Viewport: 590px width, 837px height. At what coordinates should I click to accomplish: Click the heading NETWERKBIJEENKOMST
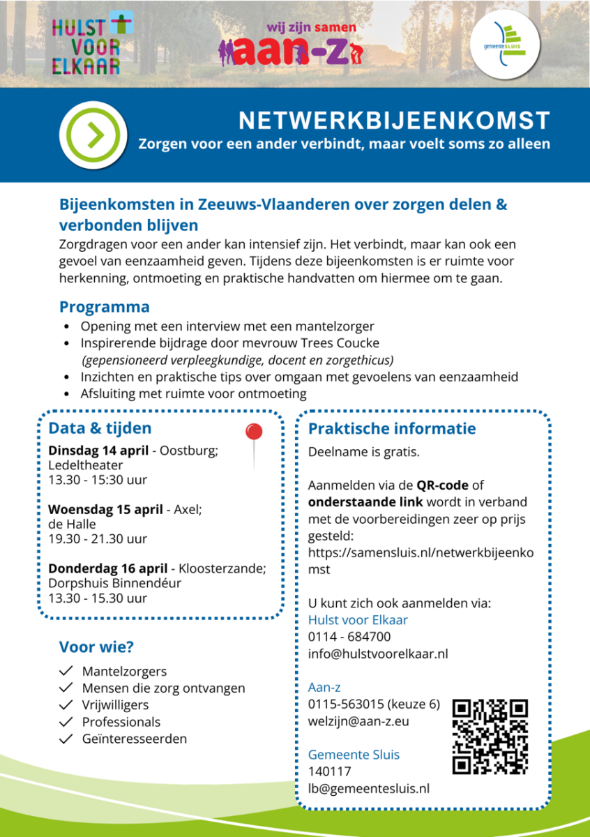pos(394,121)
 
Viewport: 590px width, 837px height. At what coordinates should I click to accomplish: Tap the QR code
pos(490,737)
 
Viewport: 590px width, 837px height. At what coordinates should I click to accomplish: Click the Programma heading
pos(104,307)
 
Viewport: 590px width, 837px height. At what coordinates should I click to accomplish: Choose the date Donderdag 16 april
pos(107,568)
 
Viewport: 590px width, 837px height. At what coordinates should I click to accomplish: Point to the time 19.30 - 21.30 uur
pos(98,538)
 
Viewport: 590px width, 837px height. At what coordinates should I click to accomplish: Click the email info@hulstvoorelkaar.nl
pos(378,654)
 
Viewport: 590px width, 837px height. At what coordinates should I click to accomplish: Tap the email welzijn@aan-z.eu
pos(358,721)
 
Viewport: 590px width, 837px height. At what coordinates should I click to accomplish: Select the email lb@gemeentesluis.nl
pos(369,788)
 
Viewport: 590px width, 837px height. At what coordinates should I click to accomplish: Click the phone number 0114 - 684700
pos(349,637)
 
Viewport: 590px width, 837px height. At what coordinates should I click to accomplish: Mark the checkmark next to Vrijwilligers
pos(67,705)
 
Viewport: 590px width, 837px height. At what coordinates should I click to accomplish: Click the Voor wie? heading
pos(96,647)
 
